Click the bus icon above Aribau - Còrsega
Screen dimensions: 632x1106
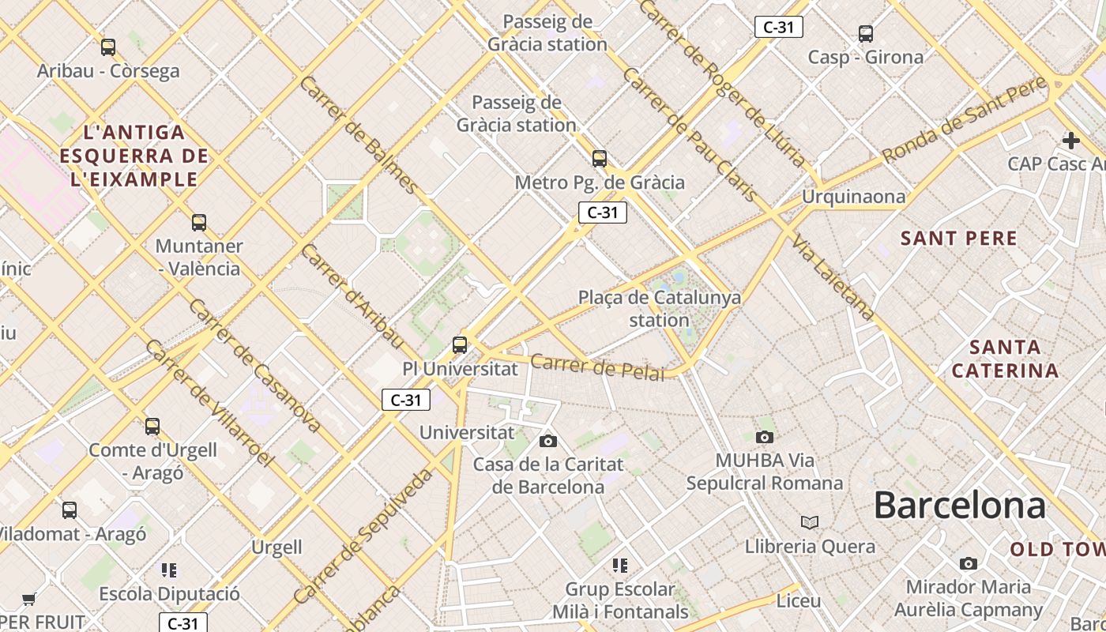click(108, 47)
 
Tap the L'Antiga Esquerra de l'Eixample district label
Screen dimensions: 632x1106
click(134, 156)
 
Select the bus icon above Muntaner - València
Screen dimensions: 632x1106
click(199, 223)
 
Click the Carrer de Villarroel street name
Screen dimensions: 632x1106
click(209, 402)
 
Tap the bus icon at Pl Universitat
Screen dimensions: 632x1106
click(460, 345)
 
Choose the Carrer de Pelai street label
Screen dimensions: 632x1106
click(597, 367)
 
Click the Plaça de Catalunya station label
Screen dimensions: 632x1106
click(660, 309)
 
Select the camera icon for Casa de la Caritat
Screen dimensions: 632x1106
click(548, 441)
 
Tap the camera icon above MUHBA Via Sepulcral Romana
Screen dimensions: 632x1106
click(764, 437)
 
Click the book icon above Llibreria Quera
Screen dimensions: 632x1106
click(810, 522)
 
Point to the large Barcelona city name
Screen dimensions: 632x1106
click(960, 505)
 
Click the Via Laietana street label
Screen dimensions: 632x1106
click(833, 277)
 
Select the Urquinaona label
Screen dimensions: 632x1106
click(854, 196)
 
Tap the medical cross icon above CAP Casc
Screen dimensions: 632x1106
click(1071, 141)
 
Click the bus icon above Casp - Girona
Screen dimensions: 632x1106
click(866, 34)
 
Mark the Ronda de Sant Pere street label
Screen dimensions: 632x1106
click(965, 120)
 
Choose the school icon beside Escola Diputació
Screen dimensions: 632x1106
click(168, 570)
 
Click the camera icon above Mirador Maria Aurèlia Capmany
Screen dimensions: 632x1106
click(969, 563)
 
